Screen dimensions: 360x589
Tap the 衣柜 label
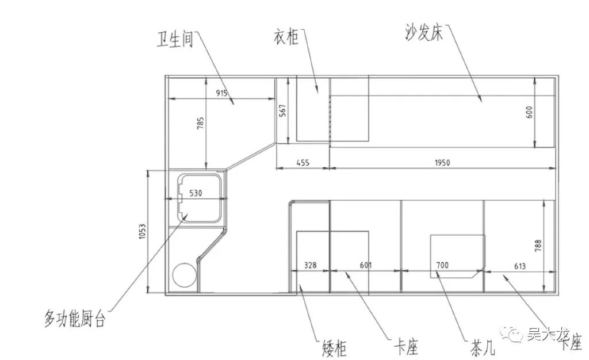pyautogui.click(x=285, y=38)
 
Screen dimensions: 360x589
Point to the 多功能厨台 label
pyautogui.click(x=75, y=318)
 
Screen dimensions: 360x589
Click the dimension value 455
pyautogui.click(x=303, y=163)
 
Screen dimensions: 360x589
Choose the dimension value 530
pyautogui.click(x=196, y=194)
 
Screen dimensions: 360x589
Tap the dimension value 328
pyautogui.click(x=311, y=266)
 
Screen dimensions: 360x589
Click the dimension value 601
pyautogui.click(x=365, y=266)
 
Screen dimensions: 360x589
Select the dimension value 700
pyautogui.click(x=442, y=266)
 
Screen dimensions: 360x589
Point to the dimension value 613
pyautogui.click(x=519, y=266)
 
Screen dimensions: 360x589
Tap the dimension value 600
pyautogui.click(x=529, y=113)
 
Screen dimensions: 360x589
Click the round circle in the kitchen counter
pyautogui.click(x=184, y=275)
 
